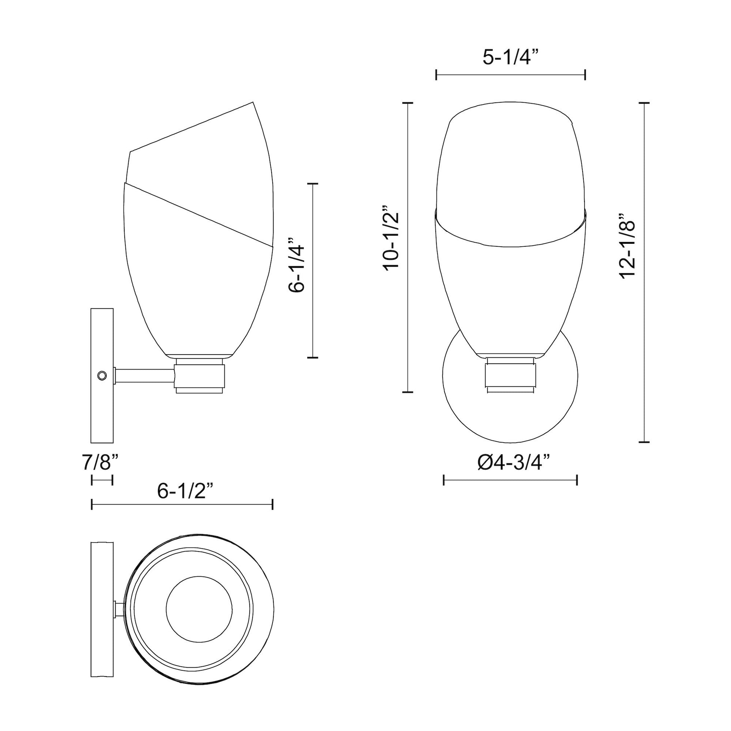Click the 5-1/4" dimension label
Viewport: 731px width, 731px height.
coord(510,57)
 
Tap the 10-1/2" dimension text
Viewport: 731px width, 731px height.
coord(391,238)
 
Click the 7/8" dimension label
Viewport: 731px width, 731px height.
coord(100,463)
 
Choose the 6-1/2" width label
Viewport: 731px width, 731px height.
coord(181,491)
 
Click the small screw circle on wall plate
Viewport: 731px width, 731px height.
coord(102,376)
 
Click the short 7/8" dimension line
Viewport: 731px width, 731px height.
coord(102,480)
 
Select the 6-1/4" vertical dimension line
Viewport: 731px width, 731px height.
coord(313,270)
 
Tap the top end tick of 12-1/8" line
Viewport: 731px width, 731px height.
coord(644,103)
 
